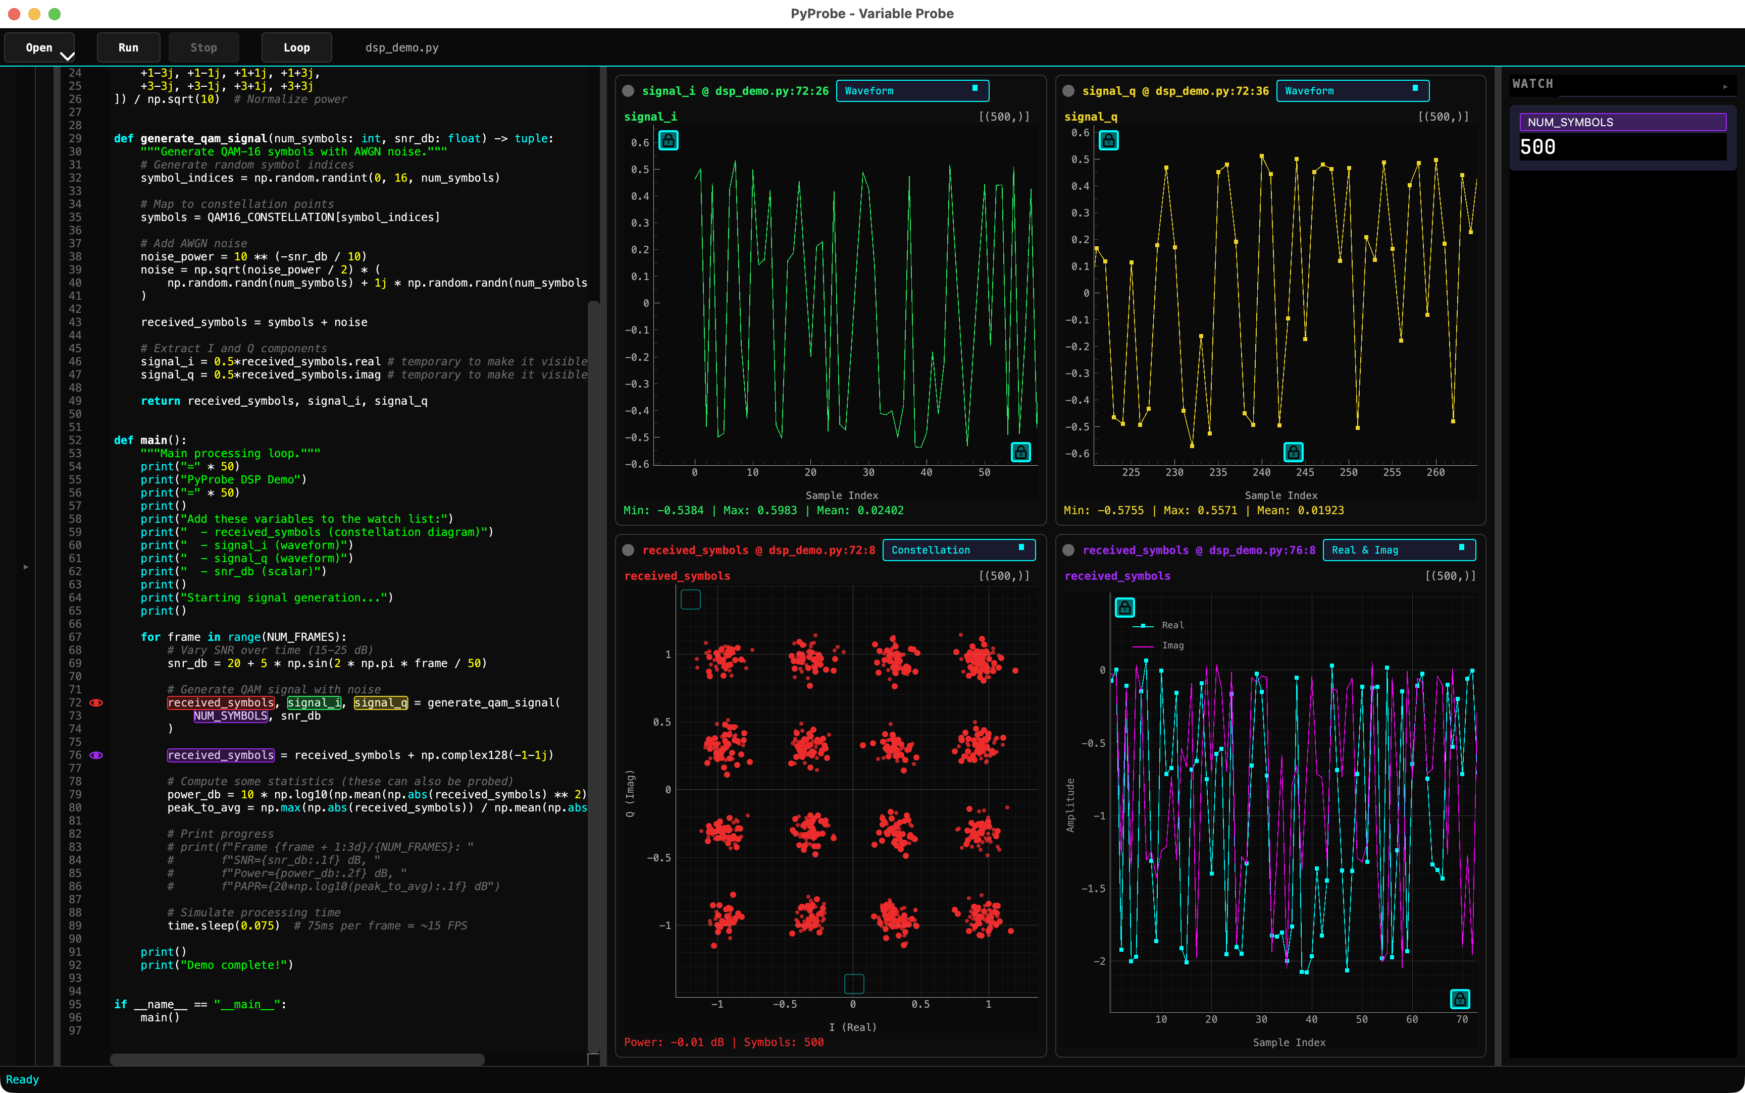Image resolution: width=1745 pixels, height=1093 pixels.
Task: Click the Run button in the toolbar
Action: [128, 48]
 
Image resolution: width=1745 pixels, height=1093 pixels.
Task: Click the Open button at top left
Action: [39, 48]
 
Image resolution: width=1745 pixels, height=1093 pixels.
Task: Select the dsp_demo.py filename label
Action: [401, 48]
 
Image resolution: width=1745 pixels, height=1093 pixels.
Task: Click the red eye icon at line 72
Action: [96, 702]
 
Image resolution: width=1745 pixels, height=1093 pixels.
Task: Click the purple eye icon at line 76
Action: [96, 755]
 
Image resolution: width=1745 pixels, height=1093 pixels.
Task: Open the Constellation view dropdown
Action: [958, 550]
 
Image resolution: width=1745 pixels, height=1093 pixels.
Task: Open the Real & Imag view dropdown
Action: [1398, 550]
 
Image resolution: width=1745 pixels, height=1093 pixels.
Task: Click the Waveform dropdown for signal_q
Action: [1352, 91]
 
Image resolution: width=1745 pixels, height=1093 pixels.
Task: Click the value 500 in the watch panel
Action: [1537, 147]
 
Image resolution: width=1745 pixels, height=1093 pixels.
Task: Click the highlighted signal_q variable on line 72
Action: [380, 702]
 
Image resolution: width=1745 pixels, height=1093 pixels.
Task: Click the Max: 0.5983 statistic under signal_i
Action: [759, 510]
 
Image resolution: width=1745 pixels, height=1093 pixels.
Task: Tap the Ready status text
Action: [22, 1079]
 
